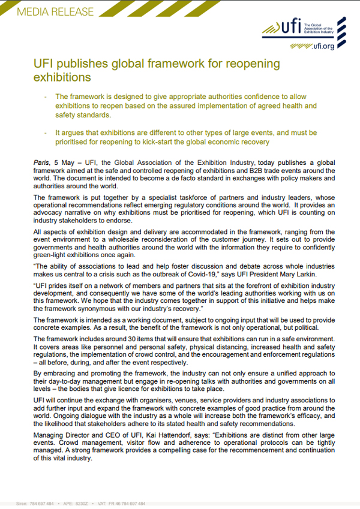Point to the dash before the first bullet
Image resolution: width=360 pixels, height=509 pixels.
46,97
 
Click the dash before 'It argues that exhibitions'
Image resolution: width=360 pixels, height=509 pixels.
46,132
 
